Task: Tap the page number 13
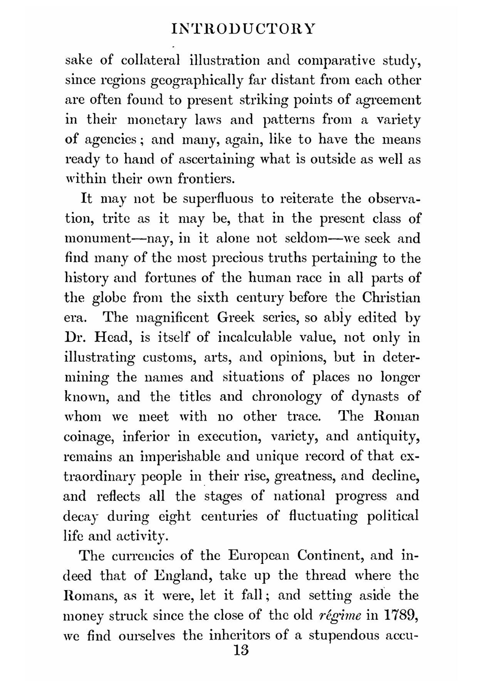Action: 241,650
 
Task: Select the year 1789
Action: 402,615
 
